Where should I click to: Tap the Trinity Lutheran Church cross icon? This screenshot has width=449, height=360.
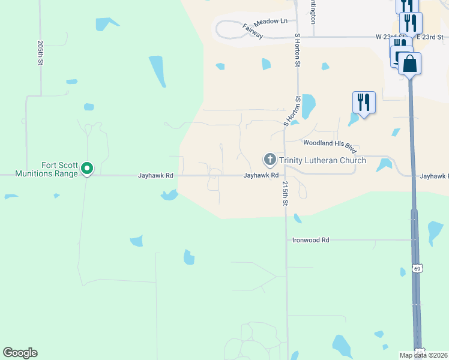(270, 160)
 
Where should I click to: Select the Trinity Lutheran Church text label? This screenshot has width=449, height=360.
(322, 160)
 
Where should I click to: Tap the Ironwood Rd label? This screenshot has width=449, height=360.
(310, 240)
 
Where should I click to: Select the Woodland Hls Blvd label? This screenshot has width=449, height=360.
(330, 145)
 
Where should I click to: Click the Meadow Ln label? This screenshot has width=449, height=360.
(270, 21)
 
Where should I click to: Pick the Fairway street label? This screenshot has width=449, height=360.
(253, 31)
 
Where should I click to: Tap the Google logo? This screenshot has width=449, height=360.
(20, 353)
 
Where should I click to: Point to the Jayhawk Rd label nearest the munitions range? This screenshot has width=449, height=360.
(155, 176)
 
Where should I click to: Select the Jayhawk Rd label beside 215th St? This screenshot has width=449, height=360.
(261, 176)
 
